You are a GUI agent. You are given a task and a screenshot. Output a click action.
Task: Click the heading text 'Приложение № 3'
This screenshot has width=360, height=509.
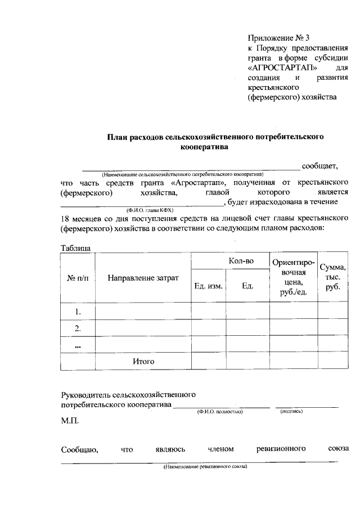point(279,38)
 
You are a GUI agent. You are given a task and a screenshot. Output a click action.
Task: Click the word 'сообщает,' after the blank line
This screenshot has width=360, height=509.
point(319,165)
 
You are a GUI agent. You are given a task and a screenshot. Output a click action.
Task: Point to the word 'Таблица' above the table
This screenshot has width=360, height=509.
point(76,248)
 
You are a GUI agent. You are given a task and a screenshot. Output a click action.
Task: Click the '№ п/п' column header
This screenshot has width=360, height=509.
point(78,278)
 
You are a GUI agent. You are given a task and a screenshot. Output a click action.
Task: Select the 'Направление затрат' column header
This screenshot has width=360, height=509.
point(143,278)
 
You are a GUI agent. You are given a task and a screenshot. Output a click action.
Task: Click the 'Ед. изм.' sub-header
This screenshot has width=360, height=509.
point(209,286)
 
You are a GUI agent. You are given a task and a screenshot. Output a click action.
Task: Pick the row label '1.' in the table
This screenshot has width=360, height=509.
point(78,311)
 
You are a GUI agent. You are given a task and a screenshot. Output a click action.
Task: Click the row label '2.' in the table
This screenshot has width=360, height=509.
point(78,328)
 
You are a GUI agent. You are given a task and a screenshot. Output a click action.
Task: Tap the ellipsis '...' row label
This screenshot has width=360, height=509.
point(78,345)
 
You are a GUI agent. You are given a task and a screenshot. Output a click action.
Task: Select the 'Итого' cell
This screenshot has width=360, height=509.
point(143,362)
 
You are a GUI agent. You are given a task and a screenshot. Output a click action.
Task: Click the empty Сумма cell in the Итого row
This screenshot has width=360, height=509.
point(332,362)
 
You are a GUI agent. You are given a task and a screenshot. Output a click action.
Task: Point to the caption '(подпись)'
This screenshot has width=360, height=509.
point(291,412)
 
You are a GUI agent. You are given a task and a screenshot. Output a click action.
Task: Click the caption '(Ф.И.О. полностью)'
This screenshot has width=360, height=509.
point(219,412)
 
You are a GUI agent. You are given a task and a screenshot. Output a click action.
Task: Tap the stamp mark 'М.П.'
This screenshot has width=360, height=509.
point(70,421)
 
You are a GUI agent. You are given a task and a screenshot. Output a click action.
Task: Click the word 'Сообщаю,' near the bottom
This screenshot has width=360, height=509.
point(80,449)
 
